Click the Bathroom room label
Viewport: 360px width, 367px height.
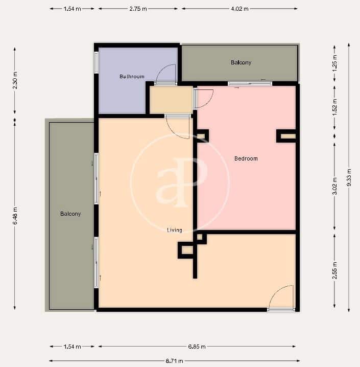click(132, 77)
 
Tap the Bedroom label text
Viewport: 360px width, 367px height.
click(246, 158)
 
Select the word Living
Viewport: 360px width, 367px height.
click(175, 231)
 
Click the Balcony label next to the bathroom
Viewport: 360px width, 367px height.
click(241, 62)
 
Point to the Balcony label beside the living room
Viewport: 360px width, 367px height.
click(70, 214)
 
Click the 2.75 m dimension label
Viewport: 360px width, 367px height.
click(138, 9)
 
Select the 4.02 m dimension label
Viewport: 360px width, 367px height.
click(240, 9)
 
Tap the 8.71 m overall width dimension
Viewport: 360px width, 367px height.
click(174, 360)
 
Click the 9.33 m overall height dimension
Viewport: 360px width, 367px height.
click(349, 178)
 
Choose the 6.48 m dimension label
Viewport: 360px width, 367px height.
click(15, 215)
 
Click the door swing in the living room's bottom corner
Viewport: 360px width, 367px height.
click(281, 297)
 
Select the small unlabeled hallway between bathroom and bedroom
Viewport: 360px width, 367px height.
click(171, 100)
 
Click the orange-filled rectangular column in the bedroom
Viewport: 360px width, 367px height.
click(287, 136)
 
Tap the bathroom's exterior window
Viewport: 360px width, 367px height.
click(96, 62)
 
